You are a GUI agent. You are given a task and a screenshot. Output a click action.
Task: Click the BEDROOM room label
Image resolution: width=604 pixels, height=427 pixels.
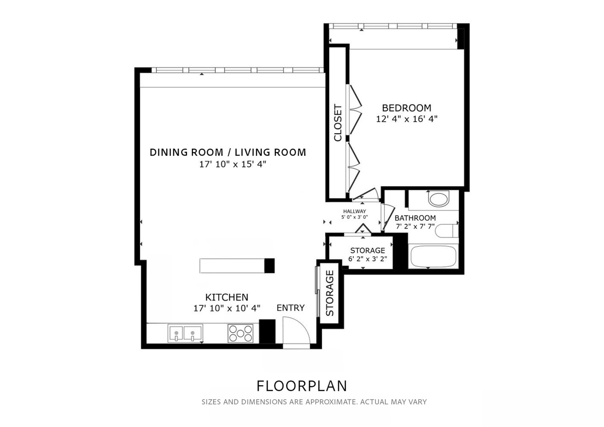pyautogui.click(x=406, y=108)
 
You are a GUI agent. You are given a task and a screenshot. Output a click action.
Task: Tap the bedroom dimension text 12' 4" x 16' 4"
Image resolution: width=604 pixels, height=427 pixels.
pyautogui.click(x=406, y=119)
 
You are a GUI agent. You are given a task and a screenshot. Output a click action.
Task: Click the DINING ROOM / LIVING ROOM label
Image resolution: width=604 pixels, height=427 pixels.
pyautogui.click(x=228, y=152)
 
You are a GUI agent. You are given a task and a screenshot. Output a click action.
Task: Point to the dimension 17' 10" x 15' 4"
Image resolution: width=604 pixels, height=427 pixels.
pyautogui.click(x=233, y=164)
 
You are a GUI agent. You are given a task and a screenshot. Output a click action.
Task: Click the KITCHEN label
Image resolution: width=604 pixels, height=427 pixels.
pyautogui.click(x=227, y=297)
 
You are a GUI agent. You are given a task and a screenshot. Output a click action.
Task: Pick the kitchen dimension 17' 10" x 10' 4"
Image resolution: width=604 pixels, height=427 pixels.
pyautogui.click(x=227, y=308)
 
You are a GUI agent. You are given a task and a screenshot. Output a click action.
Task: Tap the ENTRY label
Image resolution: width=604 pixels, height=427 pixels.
pyautogui.click(x=290, y=308)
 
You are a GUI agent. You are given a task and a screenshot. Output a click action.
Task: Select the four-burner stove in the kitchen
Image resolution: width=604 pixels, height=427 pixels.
pyautogui.click(x=240, y=333)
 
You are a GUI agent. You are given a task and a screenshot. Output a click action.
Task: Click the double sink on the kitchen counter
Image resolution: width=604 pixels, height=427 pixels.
pyautogui.click(x=185, y=333)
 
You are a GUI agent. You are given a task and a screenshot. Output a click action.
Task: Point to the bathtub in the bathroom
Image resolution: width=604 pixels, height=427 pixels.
pyautogui.click(x=433, y=257)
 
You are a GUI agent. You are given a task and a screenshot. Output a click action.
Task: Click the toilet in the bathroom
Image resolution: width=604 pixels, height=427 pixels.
pyautogui.click(x=438, y=198)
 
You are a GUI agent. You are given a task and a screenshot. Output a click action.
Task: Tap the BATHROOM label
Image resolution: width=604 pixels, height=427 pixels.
pyautogui.click(x=415, y=218)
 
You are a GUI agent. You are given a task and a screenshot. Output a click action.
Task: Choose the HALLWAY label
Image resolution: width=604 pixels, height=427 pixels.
pyautogui.click(x=354, y=212)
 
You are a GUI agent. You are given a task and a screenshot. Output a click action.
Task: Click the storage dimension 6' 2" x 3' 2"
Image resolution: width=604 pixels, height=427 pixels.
pyautogui.click(x=367, y=259)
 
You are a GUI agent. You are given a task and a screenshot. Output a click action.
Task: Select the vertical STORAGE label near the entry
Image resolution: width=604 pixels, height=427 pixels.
pyautogui.click(x=330, y=293)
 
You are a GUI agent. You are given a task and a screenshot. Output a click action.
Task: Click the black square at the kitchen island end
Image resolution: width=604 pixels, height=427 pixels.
pyautogui.click(x=269, y=265)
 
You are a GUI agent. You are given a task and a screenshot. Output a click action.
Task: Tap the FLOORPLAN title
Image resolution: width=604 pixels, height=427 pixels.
pyautogui.click(x=302, y=386)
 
